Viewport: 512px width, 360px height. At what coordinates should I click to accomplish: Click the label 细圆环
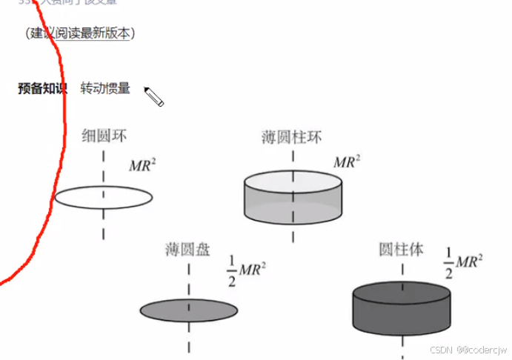point(104,136)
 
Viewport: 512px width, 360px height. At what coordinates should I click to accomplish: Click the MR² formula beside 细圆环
point(142,164)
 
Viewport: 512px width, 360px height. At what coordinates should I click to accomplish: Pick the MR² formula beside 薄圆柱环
point(347,161)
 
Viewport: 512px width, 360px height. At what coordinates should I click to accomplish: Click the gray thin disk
point(188,310)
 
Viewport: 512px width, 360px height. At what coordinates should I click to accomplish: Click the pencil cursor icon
point(153,96)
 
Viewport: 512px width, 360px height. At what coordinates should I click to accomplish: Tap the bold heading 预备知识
point(42,89)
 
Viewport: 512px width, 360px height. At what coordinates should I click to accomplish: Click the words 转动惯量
point(105,89)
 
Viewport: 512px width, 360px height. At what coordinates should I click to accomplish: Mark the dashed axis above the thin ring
point(103,164)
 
